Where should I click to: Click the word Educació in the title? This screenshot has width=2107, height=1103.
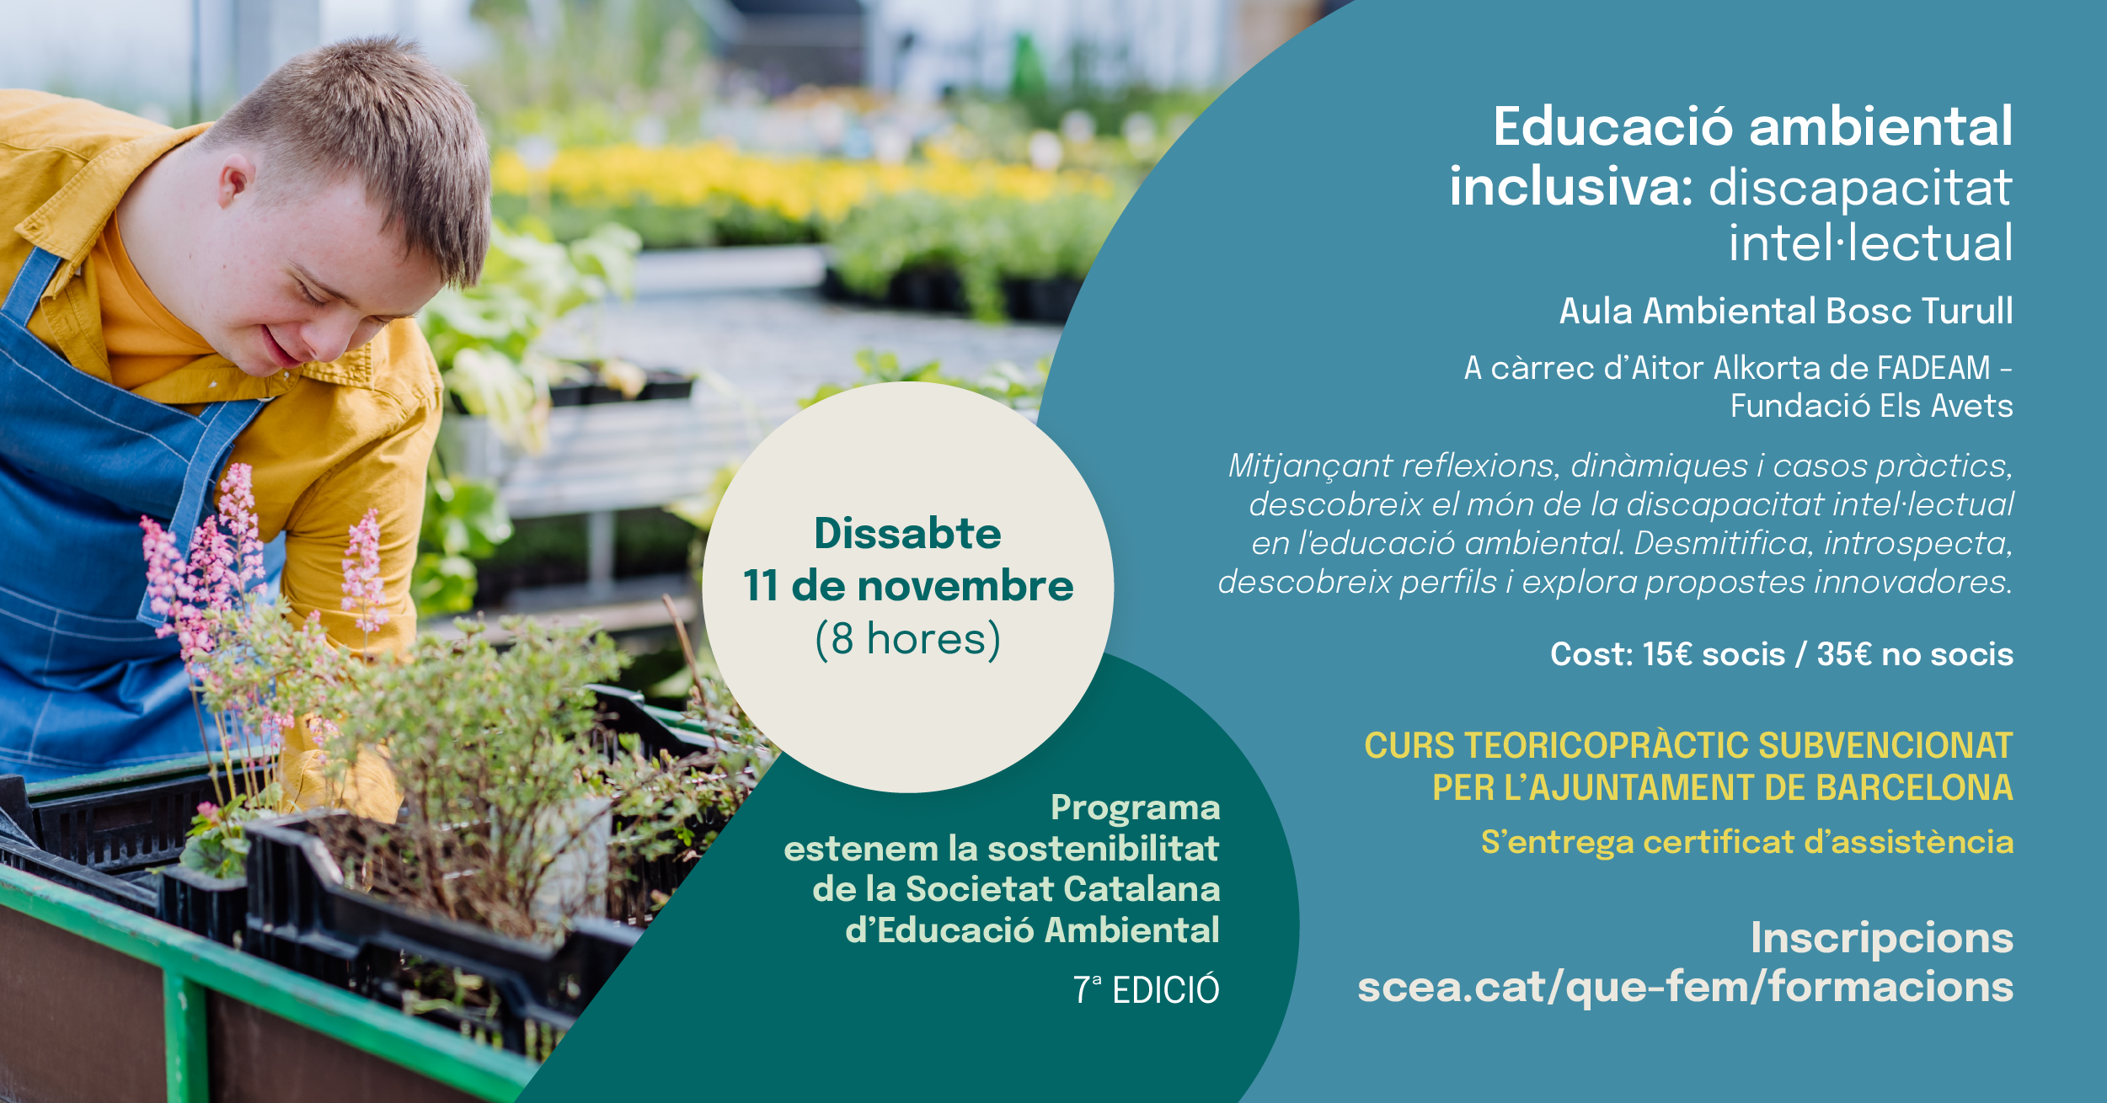[x=1613, y=128]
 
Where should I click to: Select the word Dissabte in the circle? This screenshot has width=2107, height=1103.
[x=907, y=533]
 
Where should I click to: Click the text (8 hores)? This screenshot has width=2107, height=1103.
[x=907, y=639]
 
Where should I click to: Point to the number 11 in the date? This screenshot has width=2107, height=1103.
[x=760, y=586]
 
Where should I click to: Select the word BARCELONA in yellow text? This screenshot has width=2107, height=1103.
[x=1914, y=788]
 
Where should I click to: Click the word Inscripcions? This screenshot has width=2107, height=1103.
[x=1882, y=938]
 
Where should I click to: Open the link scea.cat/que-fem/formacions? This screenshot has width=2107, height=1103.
[x=1685, y=987]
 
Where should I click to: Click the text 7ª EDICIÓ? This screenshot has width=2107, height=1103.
[x=1146, y=990]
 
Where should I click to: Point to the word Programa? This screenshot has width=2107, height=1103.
[x=1135, y=807]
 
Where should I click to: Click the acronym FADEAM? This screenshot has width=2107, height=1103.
[x=1933, y=368]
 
